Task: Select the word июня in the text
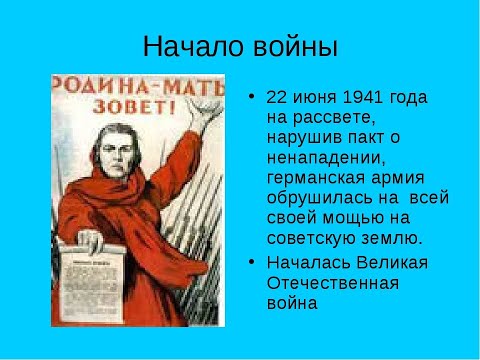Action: pos(316,98)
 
